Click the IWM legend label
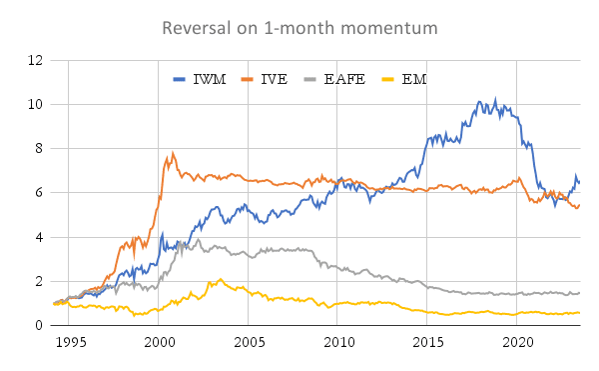coord(210,79)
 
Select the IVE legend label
coord(274,79)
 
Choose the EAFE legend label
coord(344,79)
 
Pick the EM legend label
coord(414,79)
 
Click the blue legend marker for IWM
coord(179,80)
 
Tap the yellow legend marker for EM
coord(387,80)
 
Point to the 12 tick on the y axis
coord(35,60)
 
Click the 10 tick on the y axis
coord(35,104)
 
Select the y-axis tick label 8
coord(39,148)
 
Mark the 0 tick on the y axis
coord(39,325)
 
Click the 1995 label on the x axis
coord(71,342)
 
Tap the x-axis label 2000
coord(160,342)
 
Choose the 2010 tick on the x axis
coord(339,342)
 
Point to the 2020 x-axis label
coord(518,342)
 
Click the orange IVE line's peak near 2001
coord(173,153)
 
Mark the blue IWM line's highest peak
coord(496,99)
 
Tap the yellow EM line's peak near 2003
coord(221,279)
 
